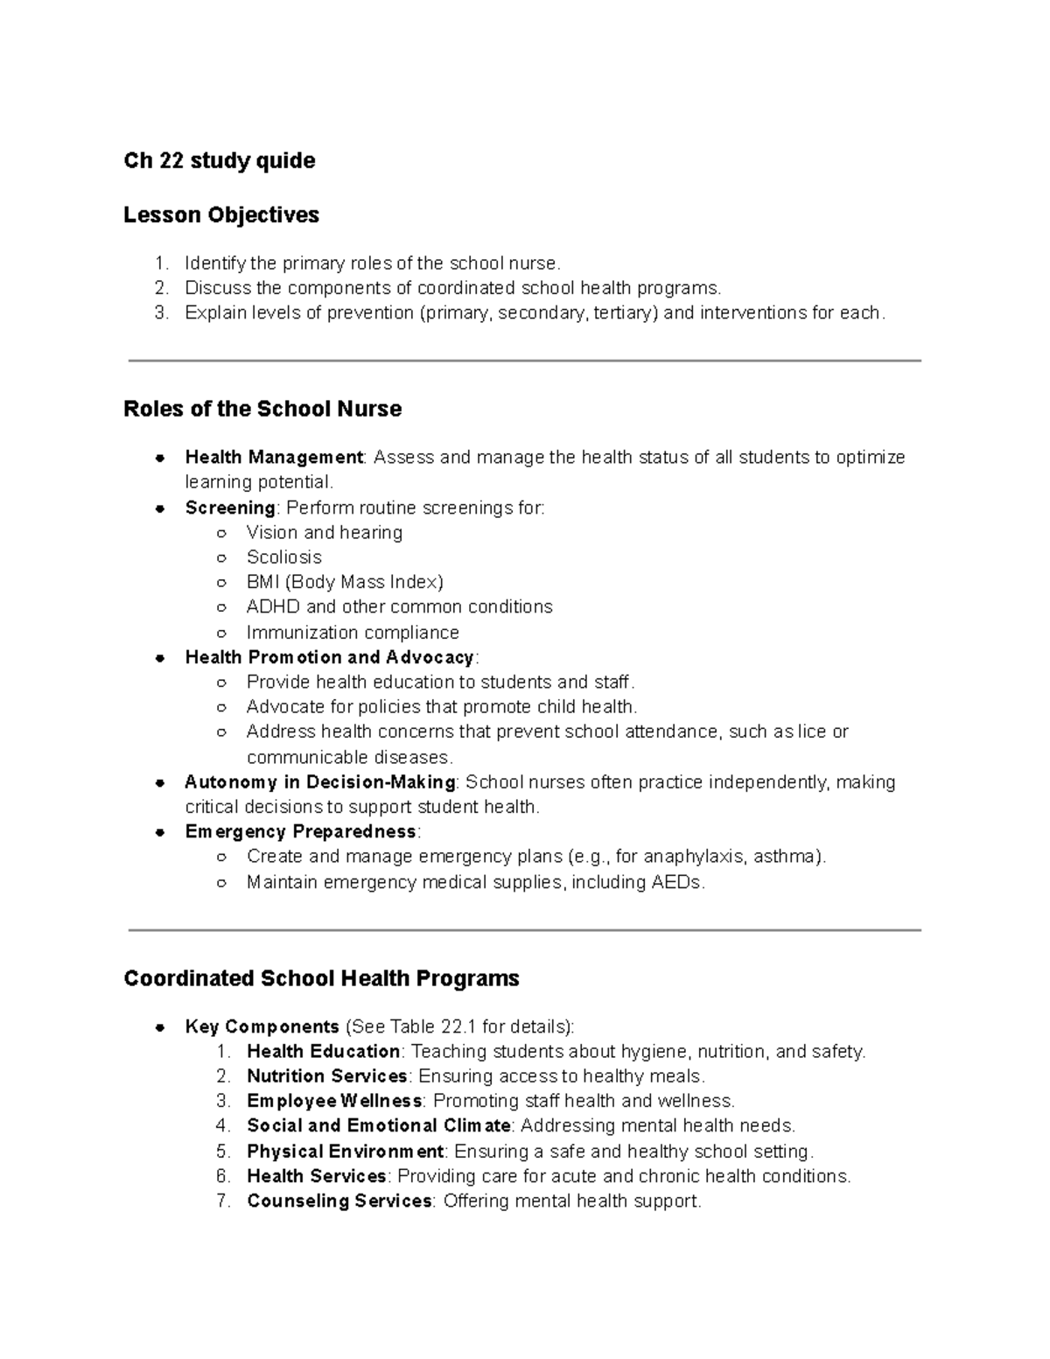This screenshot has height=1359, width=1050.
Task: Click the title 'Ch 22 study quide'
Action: click(219, 161)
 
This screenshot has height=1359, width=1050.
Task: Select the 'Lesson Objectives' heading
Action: click(221, 215)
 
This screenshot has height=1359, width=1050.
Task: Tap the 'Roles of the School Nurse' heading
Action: click(262, 409)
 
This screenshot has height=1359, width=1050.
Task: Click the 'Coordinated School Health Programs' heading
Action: click(321, 978)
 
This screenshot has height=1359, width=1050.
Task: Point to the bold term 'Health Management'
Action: click(274, 458)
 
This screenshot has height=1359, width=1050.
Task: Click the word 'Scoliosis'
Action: click(283, 557)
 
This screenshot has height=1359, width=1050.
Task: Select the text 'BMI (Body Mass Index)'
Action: click(345, 582)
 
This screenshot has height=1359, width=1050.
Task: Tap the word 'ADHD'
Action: click(274, 607)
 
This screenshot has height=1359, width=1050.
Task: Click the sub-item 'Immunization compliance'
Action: click(352, 633)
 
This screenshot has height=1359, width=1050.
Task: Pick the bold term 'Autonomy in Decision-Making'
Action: click(319, 782)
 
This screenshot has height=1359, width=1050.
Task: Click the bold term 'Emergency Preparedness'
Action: click(300, 831)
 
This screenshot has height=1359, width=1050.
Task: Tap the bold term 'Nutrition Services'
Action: click(326, 1076)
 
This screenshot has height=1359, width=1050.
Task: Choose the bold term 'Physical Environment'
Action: click(345, 1152)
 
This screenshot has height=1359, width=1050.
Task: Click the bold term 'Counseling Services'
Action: click(339, 1201)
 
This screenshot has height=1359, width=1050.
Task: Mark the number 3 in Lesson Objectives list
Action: click(160, 313)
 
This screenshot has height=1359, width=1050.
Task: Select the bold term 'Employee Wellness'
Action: click(334, 1101)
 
